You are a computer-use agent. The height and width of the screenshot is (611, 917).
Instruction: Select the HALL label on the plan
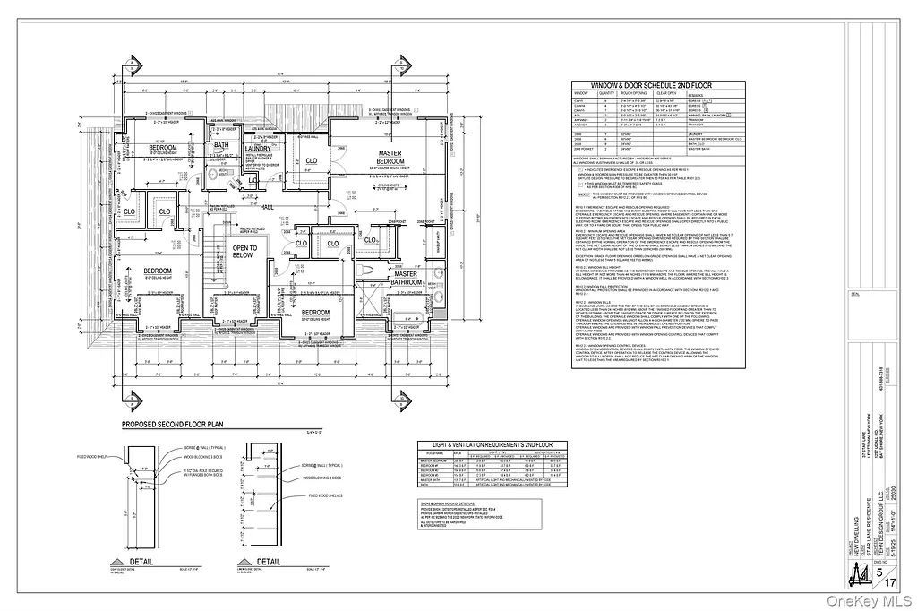(266, 206)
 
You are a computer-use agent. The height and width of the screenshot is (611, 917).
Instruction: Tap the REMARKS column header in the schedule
(750, 93)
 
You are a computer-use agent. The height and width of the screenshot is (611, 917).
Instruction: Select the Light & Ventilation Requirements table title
(487, 445)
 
